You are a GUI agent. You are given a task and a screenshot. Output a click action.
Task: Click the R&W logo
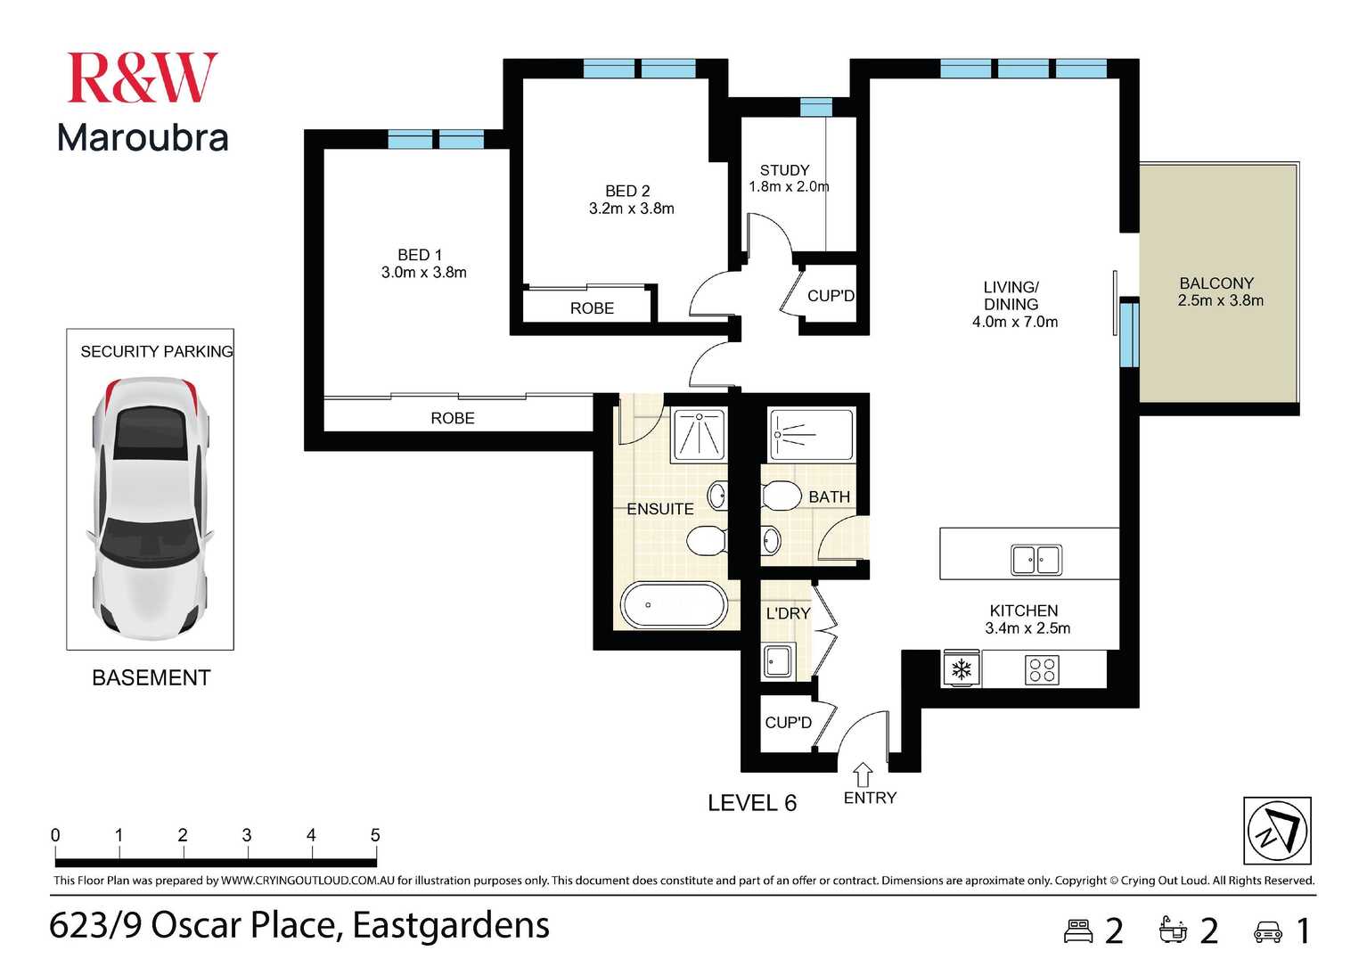coord(142,78)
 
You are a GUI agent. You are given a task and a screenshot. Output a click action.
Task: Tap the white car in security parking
coord(150,508)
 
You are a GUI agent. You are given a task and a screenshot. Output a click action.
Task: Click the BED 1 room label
coord(419,255)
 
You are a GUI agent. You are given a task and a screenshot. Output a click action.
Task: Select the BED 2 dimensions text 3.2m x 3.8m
coord(631,209)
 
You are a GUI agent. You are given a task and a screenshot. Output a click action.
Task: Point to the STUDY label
coord(784,170)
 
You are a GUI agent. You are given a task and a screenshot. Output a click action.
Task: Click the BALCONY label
coord(1216,283)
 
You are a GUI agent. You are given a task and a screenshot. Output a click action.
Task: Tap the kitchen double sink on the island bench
coord(1036,559)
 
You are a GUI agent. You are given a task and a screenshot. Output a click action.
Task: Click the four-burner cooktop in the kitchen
coord(1042,669)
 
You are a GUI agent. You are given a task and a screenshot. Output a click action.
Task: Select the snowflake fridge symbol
coord(962,669)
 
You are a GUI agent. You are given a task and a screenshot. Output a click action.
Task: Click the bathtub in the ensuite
coord(674,604)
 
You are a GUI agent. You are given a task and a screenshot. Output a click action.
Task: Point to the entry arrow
coord(863,774)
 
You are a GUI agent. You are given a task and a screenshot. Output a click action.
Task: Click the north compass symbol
coord(1277,831)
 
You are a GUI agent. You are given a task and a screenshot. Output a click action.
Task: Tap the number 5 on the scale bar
coord(374,834)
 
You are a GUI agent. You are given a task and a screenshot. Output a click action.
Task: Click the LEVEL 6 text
coord(752,803)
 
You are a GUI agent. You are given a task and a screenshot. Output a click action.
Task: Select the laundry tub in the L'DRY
coord(778,660)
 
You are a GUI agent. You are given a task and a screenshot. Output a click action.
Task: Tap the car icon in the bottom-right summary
coord(1268,932)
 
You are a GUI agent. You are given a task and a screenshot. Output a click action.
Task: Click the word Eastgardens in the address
coord(451,925)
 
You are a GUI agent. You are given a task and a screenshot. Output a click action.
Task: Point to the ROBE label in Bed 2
coord(592,308)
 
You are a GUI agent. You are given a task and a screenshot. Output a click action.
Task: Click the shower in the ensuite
coord(700,434)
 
